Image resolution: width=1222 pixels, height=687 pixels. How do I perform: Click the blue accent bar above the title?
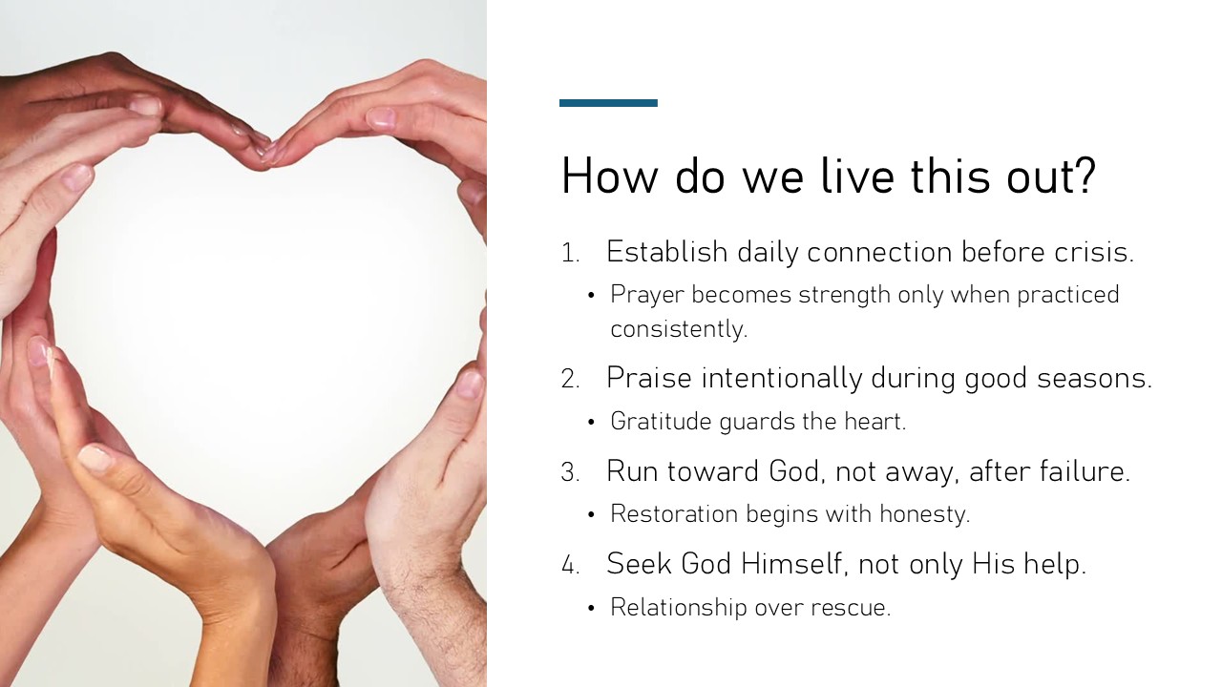click(608, 103)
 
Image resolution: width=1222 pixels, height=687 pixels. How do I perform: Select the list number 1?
click(570, 254)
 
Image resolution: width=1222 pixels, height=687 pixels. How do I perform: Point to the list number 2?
click(570, 379)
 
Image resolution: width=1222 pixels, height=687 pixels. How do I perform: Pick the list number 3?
click(570, 472)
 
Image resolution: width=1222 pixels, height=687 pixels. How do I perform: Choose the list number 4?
click(570, 565)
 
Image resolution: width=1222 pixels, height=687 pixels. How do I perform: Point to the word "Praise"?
click(649, 377)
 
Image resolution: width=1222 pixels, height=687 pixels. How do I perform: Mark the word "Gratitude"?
click(662, 421)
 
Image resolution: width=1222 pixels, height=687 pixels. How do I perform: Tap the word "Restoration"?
click(674, 514)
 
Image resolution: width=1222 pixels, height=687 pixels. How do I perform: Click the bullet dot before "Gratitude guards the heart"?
click(591, 423)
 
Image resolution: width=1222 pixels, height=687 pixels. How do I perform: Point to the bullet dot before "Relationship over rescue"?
click(591, 609)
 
